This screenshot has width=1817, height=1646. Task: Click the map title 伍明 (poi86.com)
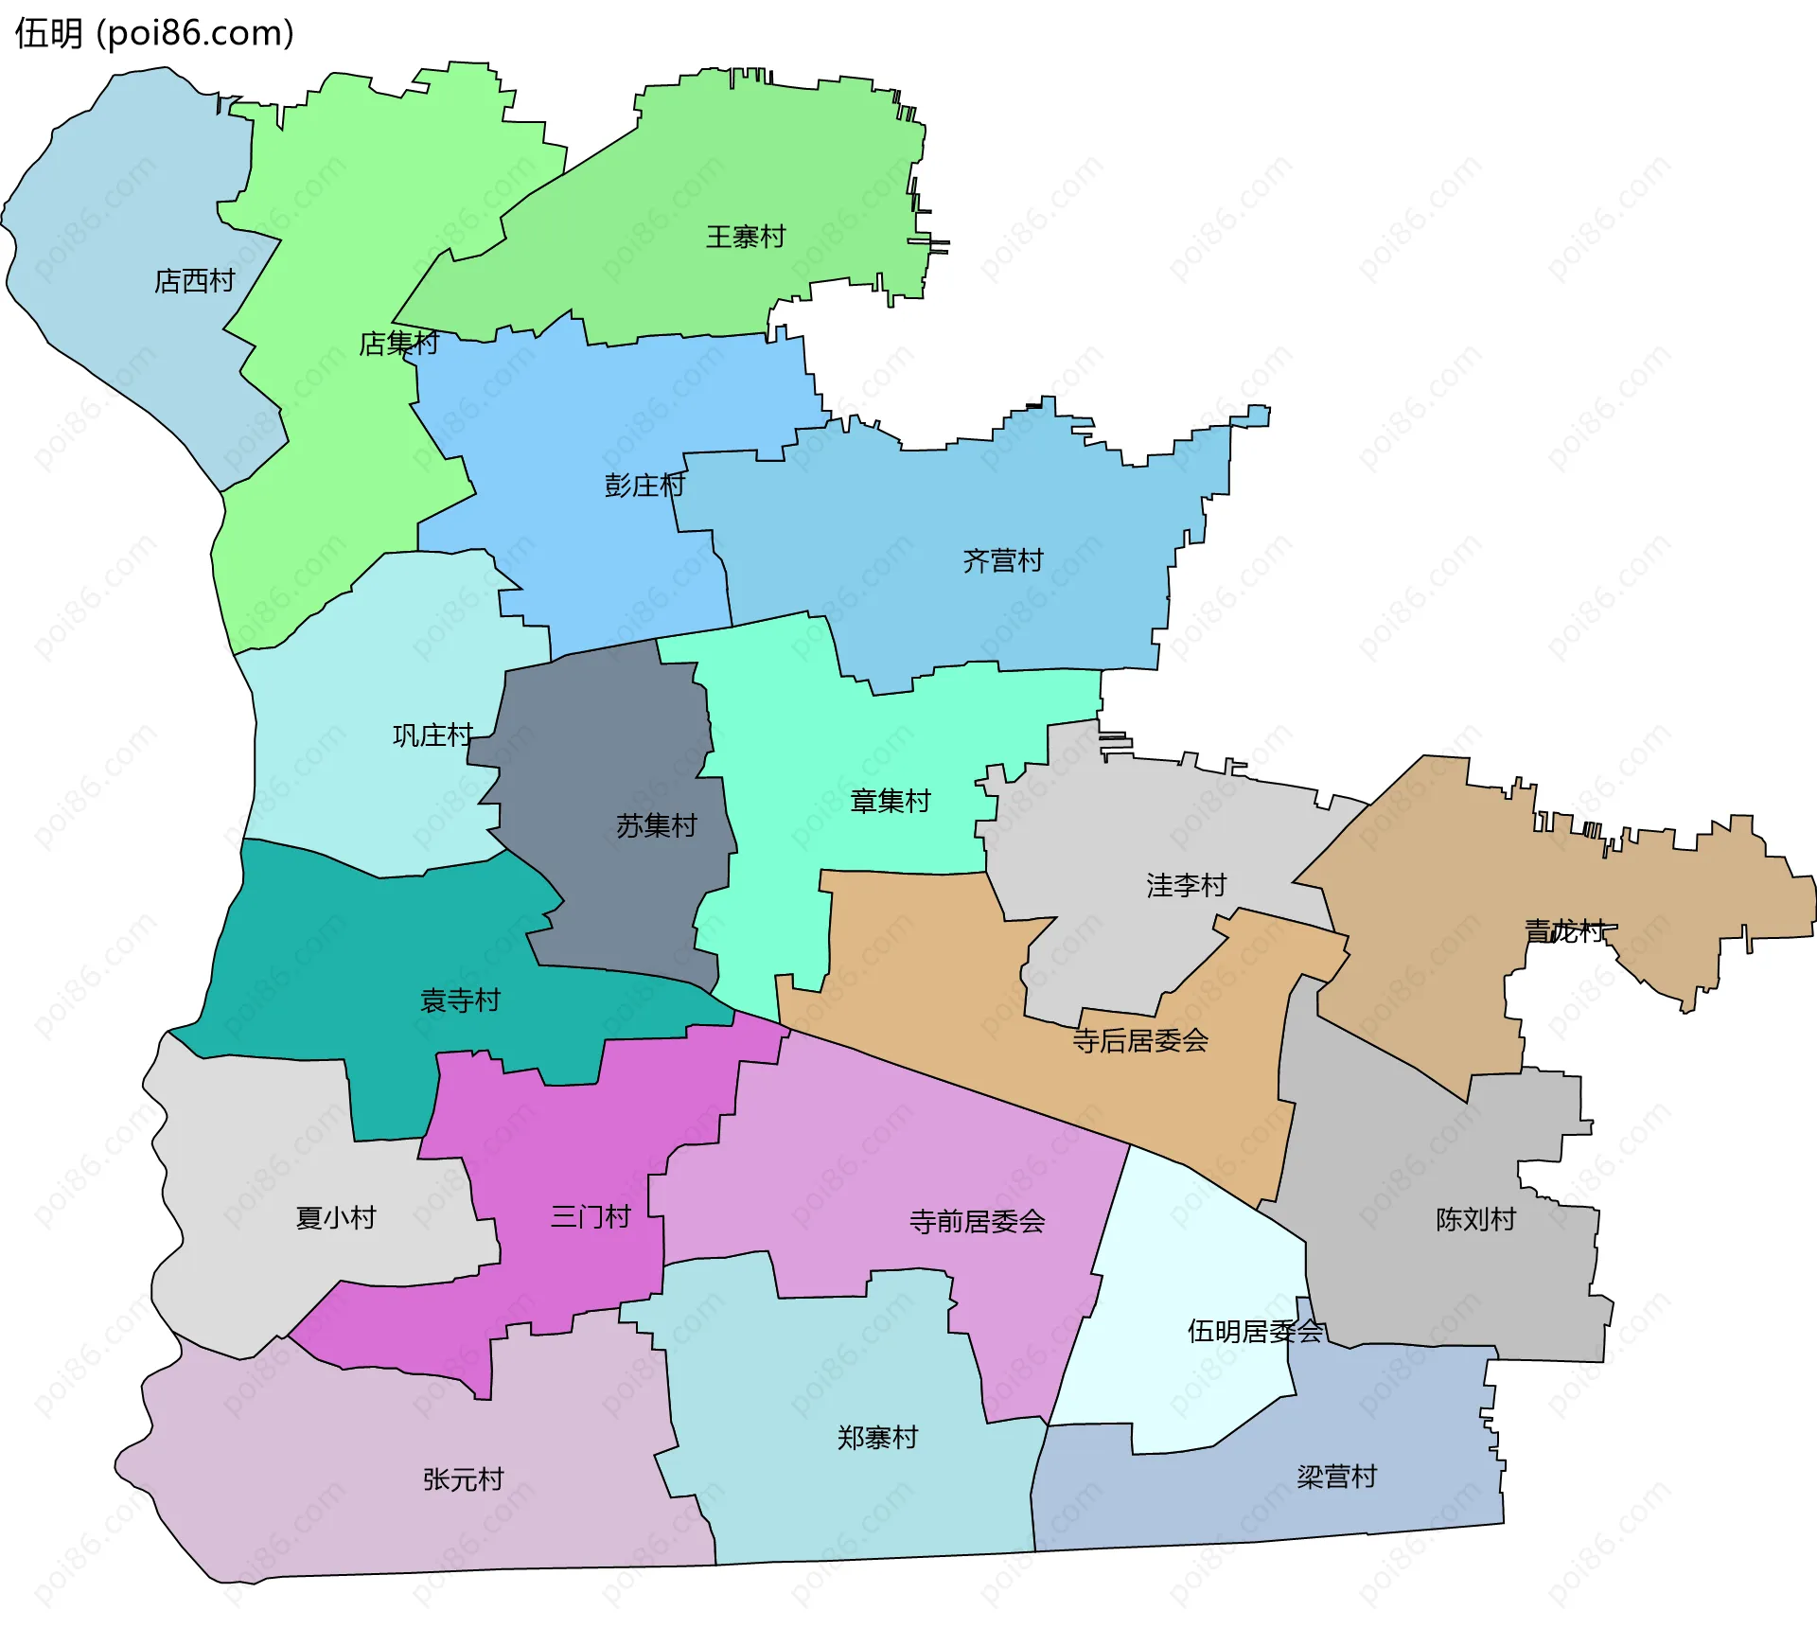[154, 33]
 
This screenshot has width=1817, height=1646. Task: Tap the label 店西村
[194, 281]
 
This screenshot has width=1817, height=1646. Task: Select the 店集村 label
[398, 343]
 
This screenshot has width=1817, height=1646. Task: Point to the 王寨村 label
[746, 237]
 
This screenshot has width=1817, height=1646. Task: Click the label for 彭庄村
[644, 486]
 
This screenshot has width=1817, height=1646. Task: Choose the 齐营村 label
[1003, 560]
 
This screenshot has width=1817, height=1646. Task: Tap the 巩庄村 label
[432, 735]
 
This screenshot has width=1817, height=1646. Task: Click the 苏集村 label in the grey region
[656, 826]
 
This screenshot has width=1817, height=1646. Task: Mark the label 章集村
[890, 802]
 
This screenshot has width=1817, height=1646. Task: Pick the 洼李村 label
[1186, 885]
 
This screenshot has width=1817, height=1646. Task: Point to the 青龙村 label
[1564, 930]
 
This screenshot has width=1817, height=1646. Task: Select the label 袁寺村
[460, 1000]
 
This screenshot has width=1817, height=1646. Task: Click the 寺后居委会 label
[1140, 1041]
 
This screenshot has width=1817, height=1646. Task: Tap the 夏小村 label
[336, 1217]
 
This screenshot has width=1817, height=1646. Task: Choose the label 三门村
[591, 1216]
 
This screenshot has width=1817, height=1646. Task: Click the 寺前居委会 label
[977, 1222]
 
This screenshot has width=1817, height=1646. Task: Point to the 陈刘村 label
[1475, 1219]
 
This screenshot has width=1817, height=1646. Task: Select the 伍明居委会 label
[1255, 1332]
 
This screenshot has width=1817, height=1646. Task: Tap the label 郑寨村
[877, 1438]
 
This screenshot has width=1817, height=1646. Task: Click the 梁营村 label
[1336, 1477]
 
